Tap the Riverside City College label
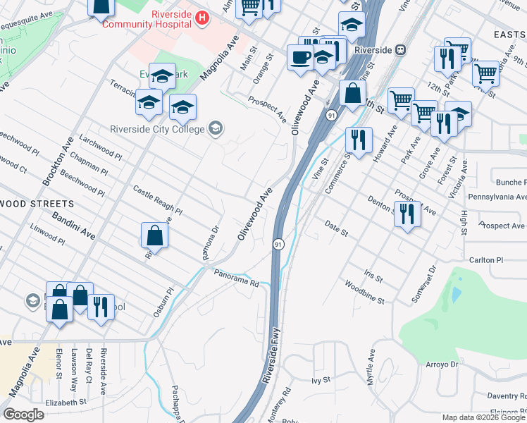157,129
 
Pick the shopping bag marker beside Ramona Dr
155,235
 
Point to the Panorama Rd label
237,278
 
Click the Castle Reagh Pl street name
158,201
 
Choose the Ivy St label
321,380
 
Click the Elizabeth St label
66,402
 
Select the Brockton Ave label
57,161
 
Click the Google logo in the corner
23,415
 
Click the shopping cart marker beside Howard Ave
400,99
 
